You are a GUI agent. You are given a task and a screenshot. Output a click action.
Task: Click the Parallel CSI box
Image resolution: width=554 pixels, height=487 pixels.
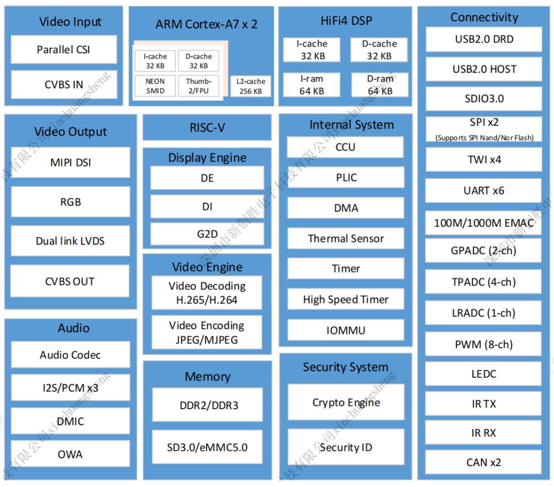(64, 50)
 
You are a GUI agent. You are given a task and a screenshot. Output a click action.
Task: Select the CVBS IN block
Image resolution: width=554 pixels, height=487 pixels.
(64, 84)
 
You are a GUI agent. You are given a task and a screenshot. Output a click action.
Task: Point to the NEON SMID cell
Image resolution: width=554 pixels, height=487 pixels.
(155, 86)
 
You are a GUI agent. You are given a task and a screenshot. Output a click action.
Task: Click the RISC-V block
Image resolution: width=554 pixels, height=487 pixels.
(207, 128)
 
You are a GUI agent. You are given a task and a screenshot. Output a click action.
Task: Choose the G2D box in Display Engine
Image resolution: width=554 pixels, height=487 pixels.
(207, 234)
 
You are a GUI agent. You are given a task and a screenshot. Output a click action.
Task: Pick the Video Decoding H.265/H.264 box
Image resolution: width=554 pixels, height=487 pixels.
(207, 293)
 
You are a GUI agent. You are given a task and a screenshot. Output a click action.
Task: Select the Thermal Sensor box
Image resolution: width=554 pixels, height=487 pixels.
(345, 238)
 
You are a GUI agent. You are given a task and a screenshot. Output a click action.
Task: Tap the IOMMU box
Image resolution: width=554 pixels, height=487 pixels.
(345, 331)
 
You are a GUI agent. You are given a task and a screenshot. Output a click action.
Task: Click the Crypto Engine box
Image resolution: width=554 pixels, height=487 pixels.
(346, 403)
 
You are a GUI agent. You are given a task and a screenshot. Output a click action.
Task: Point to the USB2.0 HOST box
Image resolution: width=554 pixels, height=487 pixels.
(484, 69)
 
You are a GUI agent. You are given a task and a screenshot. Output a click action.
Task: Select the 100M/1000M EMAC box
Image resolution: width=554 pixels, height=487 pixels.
(484, 223)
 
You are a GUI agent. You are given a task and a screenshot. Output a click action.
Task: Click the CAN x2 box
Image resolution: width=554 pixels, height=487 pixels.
(484, 462)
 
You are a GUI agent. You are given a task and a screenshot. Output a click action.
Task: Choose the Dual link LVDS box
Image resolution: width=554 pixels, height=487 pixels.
(70, 241)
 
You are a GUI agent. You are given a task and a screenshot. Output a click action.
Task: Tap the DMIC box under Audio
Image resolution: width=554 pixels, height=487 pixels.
(70, 421)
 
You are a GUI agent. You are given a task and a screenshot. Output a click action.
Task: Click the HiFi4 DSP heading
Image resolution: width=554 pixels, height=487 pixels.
(345, 21)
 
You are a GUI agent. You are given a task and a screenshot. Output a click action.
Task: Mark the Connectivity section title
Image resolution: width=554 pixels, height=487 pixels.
(484, 17)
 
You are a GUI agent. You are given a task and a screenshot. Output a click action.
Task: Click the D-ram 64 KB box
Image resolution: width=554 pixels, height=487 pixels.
(379, 85)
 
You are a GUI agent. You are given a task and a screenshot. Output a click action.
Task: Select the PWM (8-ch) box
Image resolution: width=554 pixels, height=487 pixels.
(484, 345)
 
